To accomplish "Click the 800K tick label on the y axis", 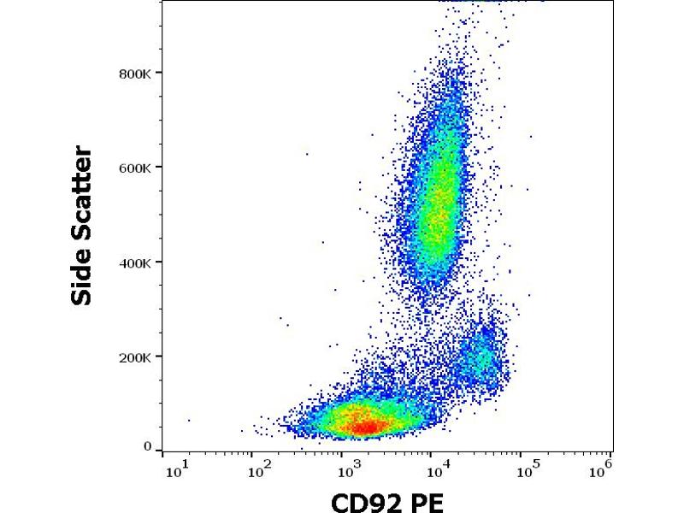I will [x=136, y=74].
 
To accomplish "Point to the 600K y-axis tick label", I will [x=136, y=168].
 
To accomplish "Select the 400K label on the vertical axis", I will [x=136, y=262].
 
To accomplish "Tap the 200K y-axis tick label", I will [x=136, y=357].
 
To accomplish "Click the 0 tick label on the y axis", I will [x=147, y=446].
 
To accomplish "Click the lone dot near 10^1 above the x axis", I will [x=189, y=420].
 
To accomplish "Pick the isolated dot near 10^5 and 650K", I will [x=530, y=136].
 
